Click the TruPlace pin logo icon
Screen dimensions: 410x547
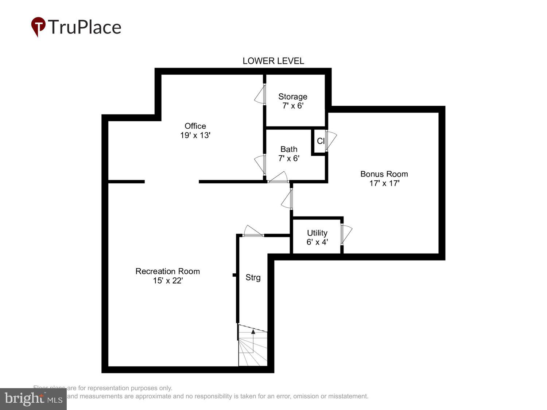click(38, 27)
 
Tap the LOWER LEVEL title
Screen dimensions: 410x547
click(273, 61)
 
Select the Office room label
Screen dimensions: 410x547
click(195, 126)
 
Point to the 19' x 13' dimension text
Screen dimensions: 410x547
click(195, 135)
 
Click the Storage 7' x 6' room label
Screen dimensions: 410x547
click(292, 101)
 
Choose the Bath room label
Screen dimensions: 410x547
click(289, 149)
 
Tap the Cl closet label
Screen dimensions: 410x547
click(321, 141)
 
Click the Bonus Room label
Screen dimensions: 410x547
click(384, 174)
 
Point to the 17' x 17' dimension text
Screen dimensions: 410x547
click(384, 183)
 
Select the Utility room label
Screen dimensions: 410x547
click(317, 233)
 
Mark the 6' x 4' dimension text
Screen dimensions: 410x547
click(317, 242)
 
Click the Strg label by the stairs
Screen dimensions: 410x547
click(253, 278)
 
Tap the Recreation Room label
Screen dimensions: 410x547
click(167, 272)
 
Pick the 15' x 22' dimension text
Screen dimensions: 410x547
click(167, 281)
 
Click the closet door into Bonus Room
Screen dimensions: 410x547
click(330, 140)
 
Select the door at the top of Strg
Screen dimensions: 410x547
click(253, 232)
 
